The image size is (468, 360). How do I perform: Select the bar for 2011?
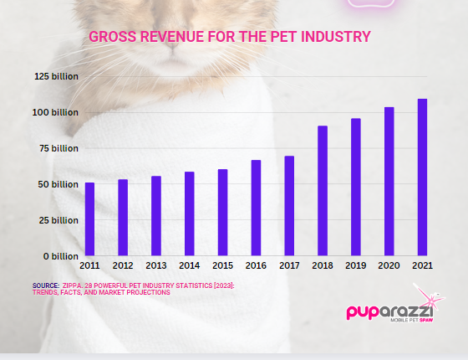89,219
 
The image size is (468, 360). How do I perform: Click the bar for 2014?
190,213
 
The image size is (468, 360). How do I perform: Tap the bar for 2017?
289,206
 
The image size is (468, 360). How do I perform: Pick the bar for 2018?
323,191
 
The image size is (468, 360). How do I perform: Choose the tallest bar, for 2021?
422,177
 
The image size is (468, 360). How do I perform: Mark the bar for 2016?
256,208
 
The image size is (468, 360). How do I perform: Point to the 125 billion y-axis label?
57,76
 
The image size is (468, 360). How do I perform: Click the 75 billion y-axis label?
58,149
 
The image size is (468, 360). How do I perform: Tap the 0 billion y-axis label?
60,256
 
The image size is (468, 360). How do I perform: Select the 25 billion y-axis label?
58,221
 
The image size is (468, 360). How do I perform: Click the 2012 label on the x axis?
123,265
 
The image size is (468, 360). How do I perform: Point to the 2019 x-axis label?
355,265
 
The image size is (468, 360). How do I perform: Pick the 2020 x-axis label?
389,265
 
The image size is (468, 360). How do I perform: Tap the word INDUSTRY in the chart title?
336,37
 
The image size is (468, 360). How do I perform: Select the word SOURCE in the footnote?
46,285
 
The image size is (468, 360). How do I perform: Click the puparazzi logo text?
389,312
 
